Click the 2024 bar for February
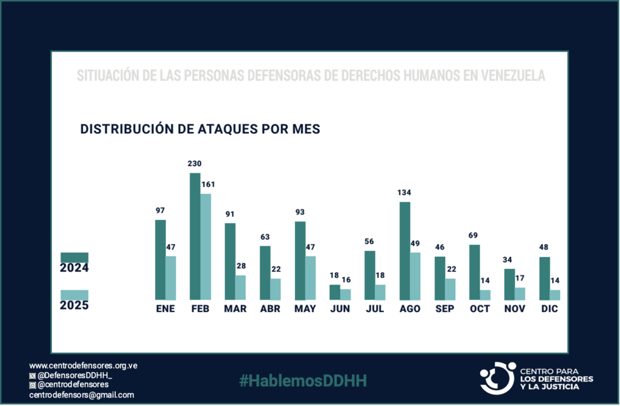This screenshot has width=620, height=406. (195, 236)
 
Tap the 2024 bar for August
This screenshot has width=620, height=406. (404, 251)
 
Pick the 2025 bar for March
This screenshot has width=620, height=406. (241, 287)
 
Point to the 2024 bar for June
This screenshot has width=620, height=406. (335, 292)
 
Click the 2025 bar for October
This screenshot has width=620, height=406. (486, 295)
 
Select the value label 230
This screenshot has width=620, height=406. (195, 164)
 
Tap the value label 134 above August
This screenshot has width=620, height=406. (404, 193)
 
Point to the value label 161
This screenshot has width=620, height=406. (208, 184)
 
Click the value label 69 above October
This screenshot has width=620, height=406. (474, 235)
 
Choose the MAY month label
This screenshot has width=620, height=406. (305, 308)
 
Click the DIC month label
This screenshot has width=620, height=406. (550, 308)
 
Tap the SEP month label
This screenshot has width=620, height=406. (444, 308)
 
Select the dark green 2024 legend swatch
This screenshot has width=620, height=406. (74, 258)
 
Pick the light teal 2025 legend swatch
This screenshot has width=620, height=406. (74, 295)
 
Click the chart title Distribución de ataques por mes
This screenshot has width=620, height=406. (200, 129)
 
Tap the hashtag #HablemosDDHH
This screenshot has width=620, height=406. (303, 381)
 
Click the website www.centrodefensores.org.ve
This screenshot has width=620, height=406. (84, 365)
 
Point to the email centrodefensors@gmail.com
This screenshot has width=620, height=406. (82, 395)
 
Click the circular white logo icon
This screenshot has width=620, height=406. (497, 378)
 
